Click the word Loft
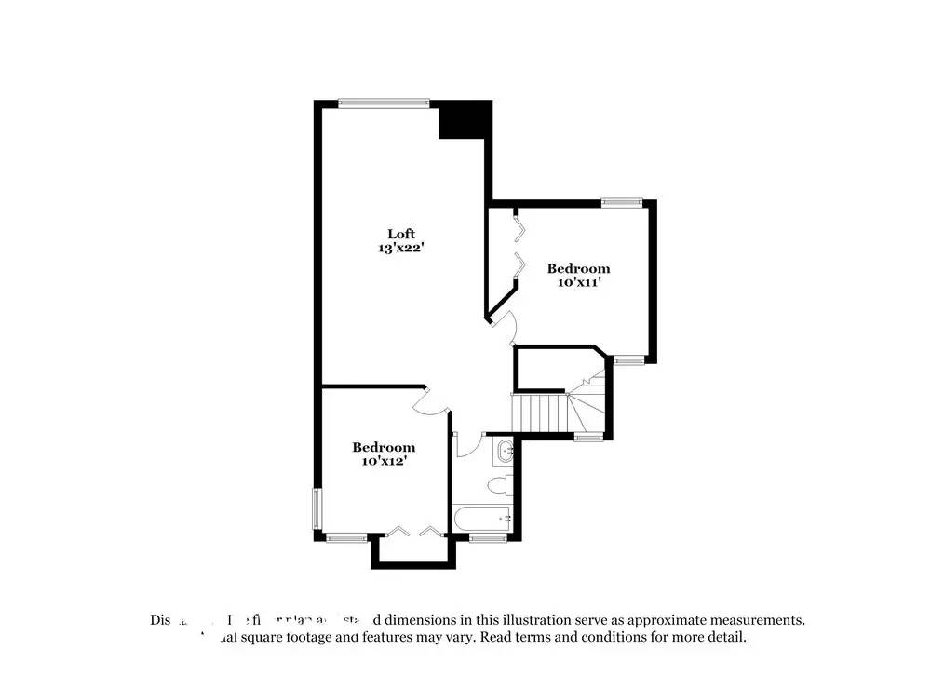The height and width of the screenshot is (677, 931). [401, 234]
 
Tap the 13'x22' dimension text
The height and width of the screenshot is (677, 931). [401, 248]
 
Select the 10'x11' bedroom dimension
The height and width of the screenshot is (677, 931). [578, 282]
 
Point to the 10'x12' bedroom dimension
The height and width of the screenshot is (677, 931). [383, 460]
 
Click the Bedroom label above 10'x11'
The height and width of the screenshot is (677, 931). [578, 268]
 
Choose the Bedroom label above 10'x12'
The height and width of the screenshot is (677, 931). [384, 447]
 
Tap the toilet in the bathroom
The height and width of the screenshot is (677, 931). [499, 484]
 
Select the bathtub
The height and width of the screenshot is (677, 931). [481, 518]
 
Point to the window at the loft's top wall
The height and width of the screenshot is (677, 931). [384, 103]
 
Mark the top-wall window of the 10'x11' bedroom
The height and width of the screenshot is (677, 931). [621, 201]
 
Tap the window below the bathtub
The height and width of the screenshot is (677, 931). [488, 537]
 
